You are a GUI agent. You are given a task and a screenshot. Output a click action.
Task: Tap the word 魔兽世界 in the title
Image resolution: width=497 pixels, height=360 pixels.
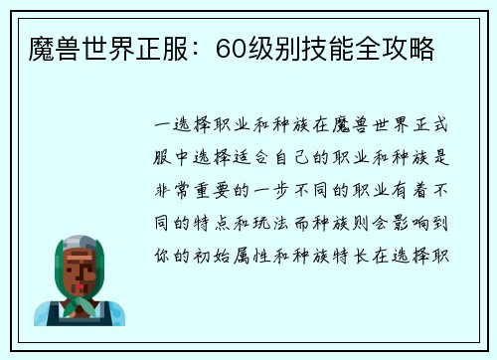(x=77, y=47)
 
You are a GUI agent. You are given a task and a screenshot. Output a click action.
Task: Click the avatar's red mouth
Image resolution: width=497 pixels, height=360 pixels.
(x=79, y=281)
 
